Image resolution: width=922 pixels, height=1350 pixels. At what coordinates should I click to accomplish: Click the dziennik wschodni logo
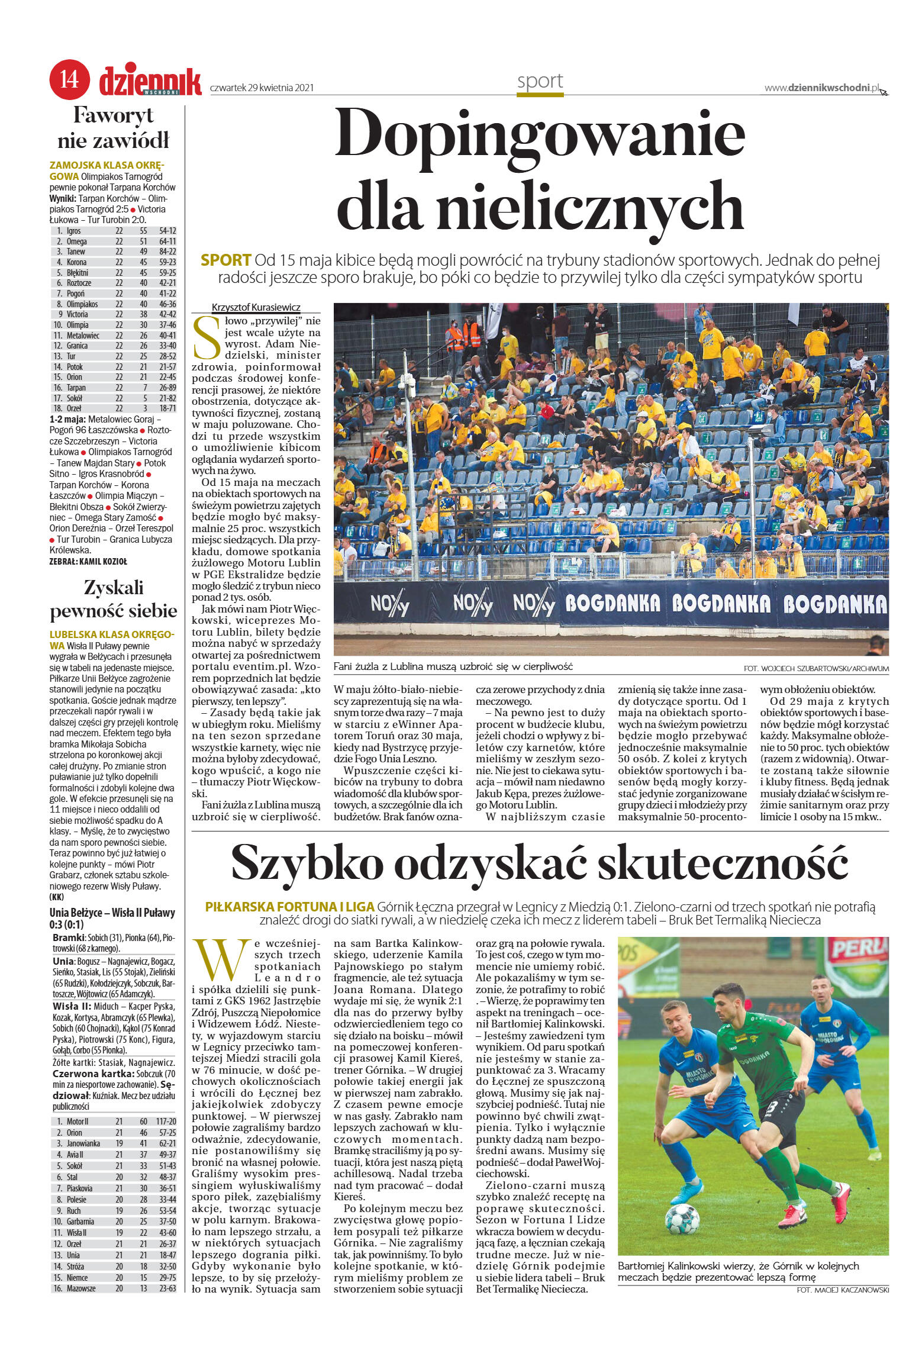[150, 81]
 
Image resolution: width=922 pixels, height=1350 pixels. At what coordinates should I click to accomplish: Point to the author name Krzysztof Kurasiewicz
[256, 308]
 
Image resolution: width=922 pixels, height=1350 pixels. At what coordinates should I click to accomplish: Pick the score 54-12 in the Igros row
[167, 231]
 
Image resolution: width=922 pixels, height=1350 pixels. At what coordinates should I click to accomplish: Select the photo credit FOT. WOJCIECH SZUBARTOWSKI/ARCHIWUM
[816, 669]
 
